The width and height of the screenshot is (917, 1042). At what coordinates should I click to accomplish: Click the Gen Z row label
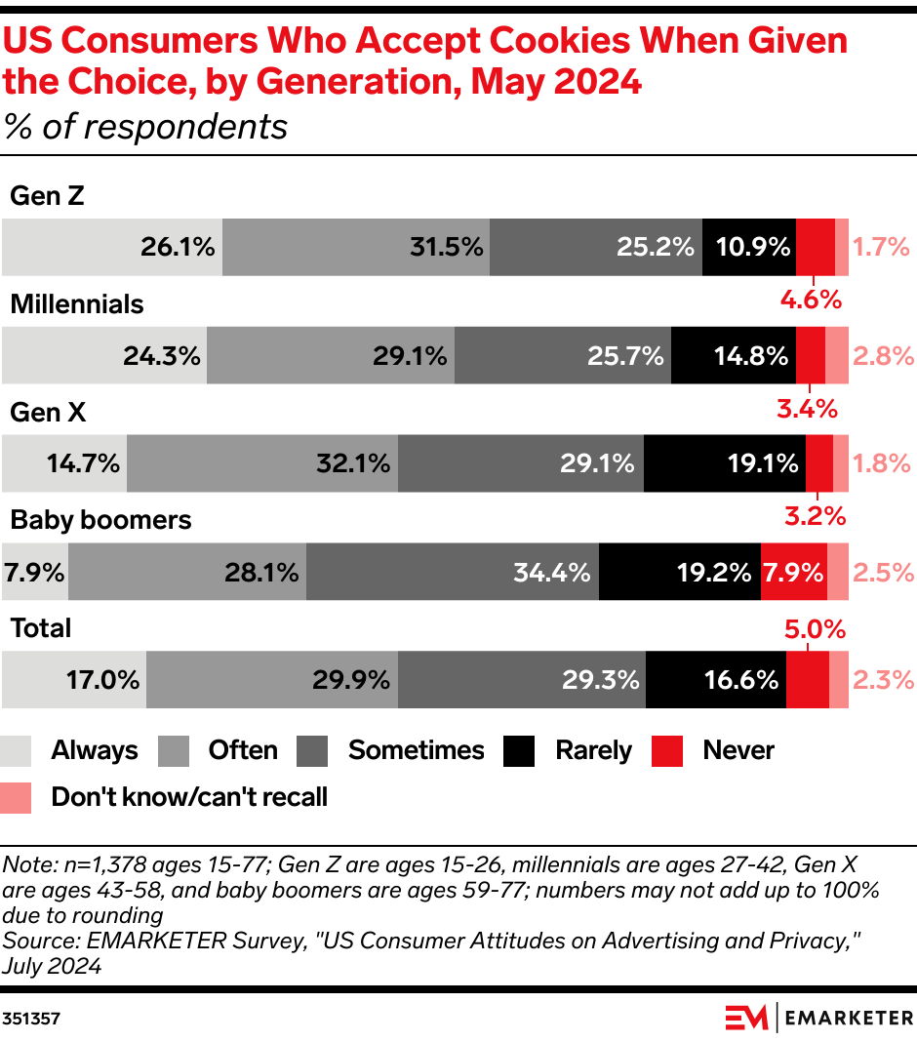[47, 196]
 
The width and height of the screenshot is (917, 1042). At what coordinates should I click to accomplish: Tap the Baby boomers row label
[100, 520]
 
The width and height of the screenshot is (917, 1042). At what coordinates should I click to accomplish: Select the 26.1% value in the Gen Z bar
[177, 248]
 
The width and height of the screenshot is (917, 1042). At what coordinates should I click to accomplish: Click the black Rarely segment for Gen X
[724, 463]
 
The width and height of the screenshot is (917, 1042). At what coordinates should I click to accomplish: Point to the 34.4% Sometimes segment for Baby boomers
[453, 572]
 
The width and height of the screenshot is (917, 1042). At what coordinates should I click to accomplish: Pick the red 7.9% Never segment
[793, 572]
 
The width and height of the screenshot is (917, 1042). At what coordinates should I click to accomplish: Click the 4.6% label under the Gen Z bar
[810, 300]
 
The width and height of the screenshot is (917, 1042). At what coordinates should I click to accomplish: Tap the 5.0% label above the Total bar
[815, 629]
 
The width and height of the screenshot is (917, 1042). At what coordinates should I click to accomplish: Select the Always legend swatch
[17, 750]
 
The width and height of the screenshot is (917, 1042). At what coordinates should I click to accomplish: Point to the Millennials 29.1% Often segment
[331, 356]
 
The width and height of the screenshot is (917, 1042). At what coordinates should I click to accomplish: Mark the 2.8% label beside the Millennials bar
[882, 356]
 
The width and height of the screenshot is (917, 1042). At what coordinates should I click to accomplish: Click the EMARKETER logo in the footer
[819, 1018]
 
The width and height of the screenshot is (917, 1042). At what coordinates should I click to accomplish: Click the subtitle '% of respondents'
[145, 127]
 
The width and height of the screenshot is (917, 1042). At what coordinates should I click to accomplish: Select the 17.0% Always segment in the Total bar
[74, 679]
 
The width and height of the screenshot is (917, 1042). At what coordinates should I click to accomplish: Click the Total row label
[41, 628]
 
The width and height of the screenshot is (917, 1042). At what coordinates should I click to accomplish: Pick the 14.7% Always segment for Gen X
[64, 463]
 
